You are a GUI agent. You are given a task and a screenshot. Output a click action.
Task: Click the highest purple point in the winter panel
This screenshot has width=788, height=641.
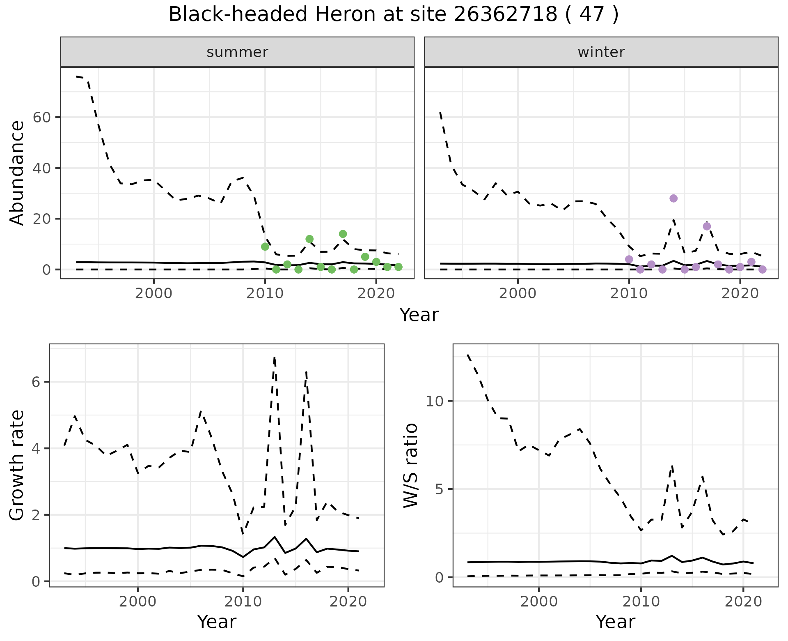tap(673, 198)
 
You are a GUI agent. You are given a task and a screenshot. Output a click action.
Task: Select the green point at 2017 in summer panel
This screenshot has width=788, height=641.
tap(343, 234)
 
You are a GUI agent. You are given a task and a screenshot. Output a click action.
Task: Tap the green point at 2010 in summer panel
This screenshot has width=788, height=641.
tap(265, 247)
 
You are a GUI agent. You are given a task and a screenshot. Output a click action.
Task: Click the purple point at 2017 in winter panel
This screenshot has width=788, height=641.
tap(707, 226)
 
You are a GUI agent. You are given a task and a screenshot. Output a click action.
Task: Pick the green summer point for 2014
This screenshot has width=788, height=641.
tap(310, 239)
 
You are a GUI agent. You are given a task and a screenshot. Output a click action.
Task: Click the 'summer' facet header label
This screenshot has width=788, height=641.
tap(237, 52)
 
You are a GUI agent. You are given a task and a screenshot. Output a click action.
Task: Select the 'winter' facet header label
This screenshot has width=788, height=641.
tap(601, 52)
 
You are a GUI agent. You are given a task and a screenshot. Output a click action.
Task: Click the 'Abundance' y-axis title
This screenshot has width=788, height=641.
tap(17, 173)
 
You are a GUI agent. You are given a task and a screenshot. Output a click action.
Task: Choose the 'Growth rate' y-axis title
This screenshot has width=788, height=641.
tap(17, 465)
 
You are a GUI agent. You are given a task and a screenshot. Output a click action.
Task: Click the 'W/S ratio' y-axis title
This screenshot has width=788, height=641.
tap(410, 465)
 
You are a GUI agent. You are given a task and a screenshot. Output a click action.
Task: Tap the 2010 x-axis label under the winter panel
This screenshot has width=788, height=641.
tap(629, 294)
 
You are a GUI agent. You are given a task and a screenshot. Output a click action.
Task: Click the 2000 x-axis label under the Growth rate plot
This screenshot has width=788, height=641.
tap(138, 602)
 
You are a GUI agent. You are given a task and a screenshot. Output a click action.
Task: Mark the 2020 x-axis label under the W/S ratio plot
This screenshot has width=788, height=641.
tap(743, 602)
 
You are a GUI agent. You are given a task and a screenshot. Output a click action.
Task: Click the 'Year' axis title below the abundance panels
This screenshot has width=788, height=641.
tap(419, 315)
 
